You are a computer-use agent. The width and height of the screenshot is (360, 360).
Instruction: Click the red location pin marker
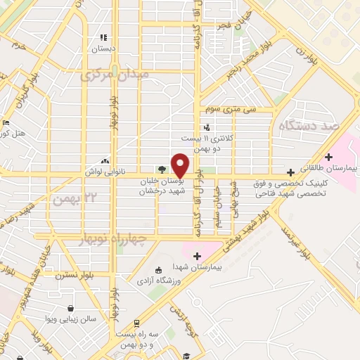click(180, 165)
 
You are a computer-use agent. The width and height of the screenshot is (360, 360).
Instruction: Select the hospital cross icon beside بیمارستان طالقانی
click(290, 172)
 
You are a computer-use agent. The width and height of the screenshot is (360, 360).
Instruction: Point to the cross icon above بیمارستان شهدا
click(197, 256)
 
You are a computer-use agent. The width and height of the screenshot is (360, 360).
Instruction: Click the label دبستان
click(103, 49)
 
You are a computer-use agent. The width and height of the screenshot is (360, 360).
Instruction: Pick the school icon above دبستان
click(103, 37)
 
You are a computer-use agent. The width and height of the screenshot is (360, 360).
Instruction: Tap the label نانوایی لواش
click(105, 172)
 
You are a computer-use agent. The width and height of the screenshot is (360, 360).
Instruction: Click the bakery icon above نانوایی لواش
click(105, 161)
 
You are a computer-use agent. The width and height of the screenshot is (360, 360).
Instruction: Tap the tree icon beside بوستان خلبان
click(162, 169)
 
